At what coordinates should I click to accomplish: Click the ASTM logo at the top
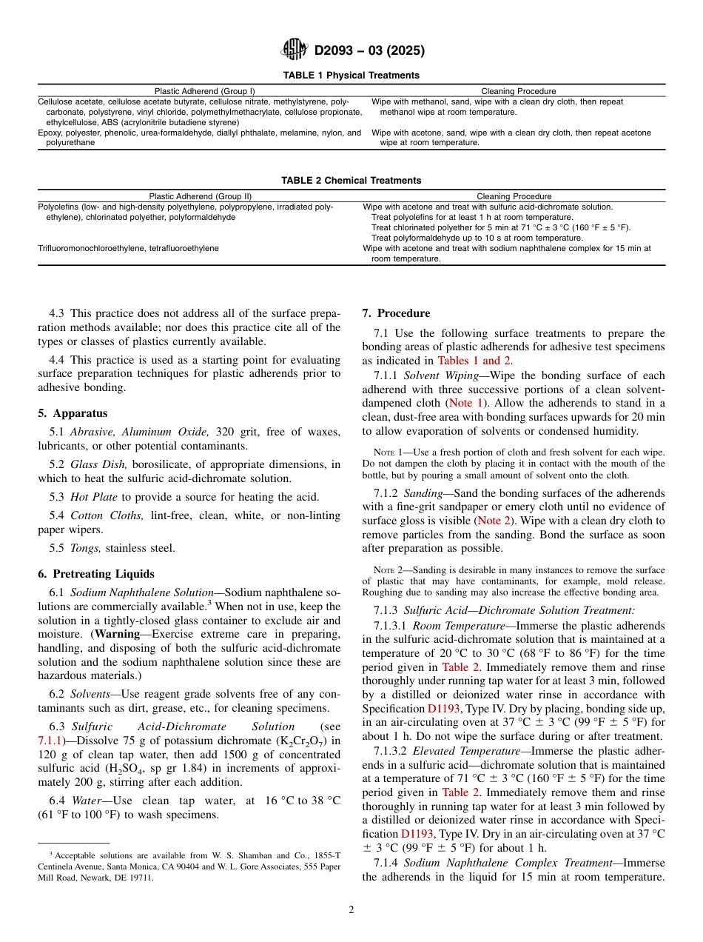295,50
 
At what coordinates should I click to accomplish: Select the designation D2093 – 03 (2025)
369,51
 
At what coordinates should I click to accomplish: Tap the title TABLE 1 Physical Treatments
351,76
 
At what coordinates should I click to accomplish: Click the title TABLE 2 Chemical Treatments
351,181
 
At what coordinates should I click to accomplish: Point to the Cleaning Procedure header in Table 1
518,91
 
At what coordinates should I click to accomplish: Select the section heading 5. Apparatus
73,413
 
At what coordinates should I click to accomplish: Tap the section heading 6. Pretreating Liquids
96,574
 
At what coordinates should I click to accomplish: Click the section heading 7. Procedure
396,313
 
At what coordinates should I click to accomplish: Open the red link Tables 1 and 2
474,361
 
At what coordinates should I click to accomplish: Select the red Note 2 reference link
499,521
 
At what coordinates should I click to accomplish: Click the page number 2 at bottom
351,910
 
